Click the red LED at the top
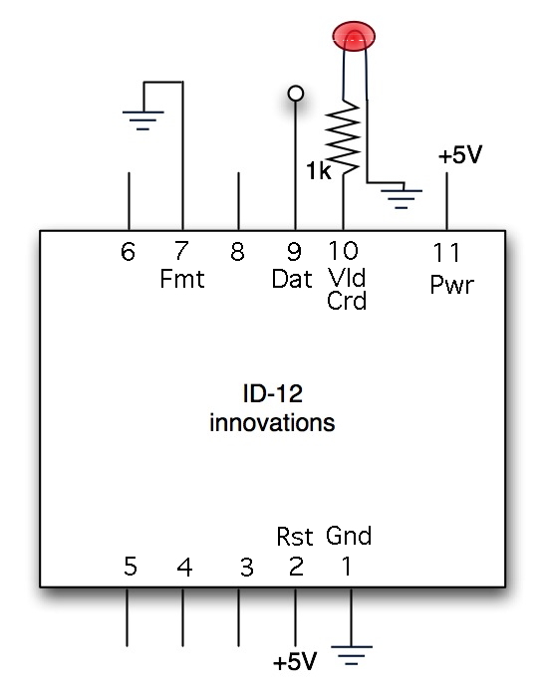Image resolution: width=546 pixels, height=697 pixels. coord(354,36)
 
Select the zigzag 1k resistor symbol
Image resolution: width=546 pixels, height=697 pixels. coord(343,136)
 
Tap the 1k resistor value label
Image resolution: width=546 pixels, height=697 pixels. coord(319,170)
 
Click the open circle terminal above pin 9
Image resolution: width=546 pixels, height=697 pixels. coord(296,94)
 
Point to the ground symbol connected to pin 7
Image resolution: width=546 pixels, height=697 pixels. coord(143,120)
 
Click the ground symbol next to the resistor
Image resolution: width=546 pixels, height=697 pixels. coord(402,199)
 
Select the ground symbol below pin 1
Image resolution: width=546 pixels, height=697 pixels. coord(352,655)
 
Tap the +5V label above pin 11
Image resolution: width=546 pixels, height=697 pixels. coord(460,155)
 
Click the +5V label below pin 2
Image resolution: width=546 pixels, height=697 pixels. coord(295,661)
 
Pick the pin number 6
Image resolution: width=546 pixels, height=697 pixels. coord(129,252)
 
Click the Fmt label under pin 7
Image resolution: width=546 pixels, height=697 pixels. coord(182,279)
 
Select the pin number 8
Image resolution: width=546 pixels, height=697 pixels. coord(237,252)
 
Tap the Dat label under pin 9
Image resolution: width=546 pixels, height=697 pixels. coord(292,279)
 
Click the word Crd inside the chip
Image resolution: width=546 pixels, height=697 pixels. coord(347,301)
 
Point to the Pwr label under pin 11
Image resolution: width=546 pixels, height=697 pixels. coord(452,284)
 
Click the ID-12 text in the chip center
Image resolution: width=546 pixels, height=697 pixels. coord(273,393)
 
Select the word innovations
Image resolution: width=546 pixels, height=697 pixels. coord(272,422)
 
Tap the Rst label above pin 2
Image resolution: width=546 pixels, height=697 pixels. coord(295,536)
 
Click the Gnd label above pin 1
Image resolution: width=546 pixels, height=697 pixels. coord(349,536)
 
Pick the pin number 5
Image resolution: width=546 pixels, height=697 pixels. coord(131,567)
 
